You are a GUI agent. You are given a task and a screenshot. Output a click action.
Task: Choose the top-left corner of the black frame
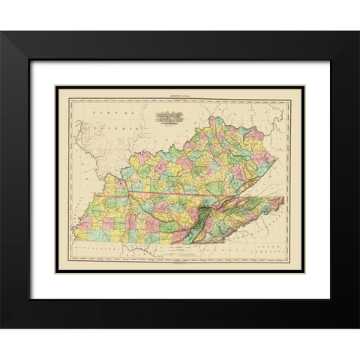(2, 32)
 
